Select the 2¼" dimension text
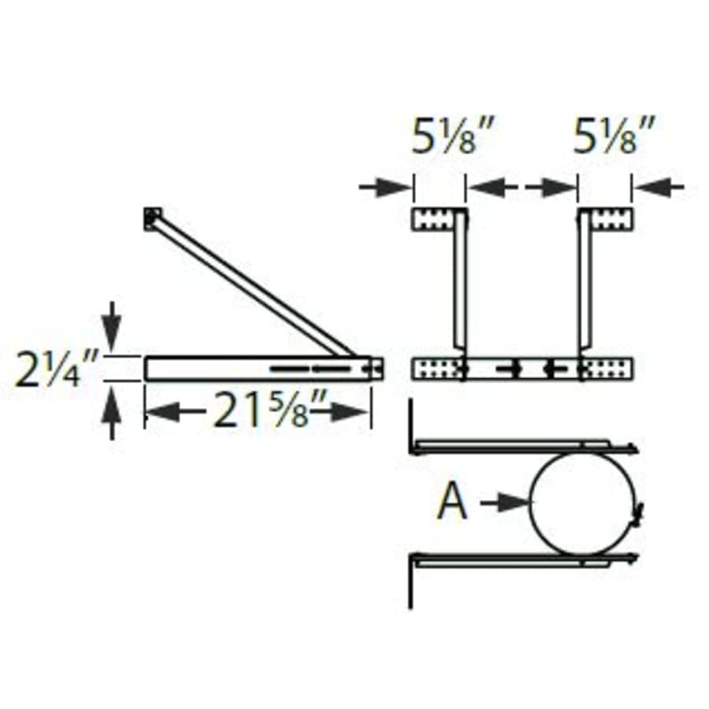(57, 368)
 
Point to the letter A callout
(452, 503)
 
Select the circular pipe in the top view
(583, 503)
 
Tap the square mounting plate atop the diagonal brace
(153, 218)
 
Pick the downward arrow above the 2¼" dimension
(112, 325)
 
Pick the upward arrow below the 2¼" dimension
(112, 413)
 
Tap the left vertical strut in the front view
(460, 284)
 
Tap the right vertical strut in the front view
(585, 284)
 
